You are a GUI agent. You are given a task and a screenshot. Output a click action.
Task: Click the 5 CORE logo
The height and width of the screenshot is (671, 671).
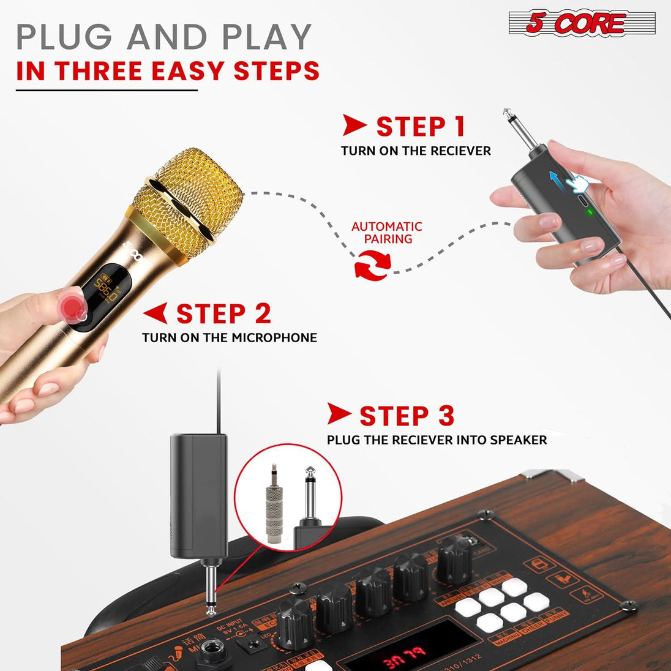(x=582, y=24)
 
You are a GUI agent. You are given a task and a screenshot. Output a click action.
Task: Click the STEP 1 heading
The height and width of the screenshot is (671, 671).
(x=421, y=127)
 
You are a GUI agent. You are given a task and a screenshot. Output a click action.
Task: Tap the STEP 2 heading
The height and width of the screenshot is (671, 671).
(x=223, y=314)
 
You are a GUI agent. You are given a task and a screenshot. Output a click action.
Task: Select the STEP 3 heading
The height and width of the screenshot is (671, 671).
(x=407, y=416)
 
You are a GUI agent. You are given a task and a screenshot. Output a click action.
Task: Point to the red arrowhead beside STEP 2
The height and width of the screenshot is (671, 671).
(x=156, y=313)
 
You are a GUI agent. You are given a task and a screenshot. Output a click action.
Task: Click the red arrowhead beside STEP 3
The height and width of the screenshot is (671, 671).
(x=339, y=414)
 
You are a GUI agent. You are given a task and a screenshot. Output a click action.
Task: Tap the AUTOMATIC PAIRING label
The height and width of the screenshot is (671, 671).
(x=387, y=233)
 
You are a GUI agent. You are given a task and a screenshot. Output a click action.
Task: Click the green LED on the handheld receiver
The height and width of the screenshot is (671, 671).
(x=589, y=213)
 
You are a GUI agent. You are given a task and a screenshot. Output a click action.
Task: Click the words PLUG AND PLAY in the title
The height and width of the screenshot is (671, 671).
(x=164, y=37)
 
